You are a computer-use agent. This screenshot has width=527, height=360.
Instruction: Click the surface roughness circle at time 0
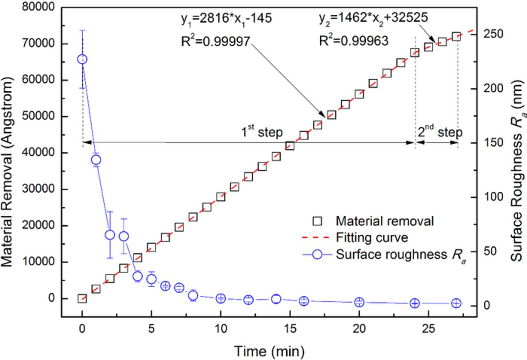pos(82,59)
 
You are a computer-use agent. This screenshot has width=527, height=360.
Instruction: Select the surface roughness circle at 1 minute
pos(96,160)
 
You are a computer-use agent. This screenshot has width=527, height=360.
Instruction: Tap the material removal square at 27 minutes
pos(456,37)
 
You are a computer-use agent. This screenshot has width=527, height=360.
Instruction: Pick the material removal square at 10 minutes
pos(221,196)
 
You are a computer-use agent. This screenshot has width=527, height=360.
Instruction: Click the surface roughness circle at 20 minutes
pos(359,302)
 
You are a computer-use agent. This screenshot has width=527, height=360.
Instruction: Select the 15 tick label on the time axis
pos(290,332)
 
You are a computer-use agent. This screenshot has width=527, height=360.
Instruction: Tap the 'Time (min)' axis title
pos(270,351)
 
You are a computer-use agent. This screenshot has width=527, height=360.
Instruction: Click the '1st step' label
pos(262,132)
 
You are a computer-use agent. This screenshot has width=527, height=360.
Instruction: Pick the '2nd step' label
pos(440,132)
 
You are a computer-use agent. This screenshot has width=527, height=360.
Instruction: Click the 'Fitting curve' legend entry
pos(372,238)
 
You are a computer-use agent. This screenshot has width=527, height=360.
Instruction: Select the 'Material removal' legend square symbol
pos(317,222)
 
